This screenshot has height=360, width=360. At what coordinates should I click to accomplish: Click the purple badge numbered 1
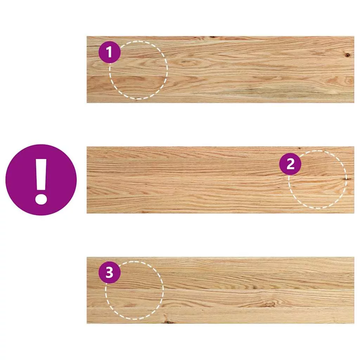pos(110,52)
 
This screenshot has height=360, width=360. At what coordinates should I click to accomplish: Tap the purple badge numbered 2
pos(290,164)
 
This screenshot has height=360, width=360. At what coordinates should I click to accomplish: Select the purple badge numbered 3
pos(110,272)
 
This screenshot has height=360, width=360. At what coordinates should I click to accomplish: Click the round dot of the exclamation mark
pos(41,199)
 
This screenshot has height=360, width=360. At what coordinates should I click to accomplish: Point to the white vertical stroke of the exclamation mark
pos(41,174)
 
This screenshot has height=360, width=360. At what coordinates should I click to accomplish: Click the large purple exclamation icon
pos(41,180)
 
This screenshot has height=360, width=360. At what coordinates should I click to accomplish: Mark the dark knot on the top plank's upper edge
pos(213,37)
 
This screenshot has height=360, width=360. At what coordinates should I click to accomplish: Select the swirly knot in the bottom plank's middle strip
pos(269,304)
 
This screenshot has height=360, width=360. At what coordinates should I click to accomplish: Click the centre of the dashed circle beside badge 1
pos(139,70)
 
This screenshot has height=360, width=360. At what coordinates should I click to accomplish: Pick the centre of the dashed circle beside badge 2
pos(317,179)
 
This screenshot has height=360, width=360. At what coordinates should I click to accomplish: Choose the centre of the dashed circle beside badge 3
pos(135,290)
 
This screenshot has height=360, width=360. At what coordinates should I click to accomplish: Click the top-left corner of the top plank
pos(87,36)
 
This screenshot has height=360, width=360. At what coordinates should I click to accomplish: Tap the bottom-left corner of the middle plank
pos(87,213)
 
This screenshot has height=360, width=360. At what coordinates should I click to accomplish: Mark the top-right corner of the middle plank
pos(354,147)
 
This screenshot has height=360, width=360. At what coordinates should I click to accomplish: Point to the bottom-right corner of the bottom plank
pos(354,323)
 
